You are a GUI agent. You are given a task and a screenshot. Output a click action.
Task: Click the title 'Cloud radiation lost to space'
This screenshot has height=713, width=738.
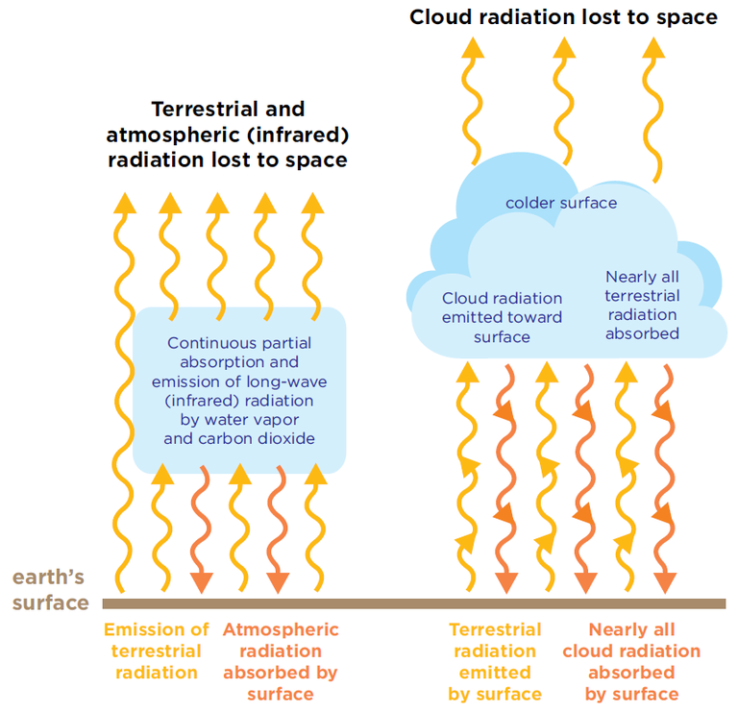(x=563, y=17)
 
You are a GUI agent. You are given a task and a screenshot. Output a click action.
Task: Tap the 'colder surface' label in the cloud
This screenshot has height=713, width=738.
(x=561, y=203)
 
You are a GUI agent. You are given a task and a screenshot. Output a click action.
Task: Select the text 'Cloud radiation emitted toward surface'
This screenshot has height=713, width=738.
(x=502, y=317)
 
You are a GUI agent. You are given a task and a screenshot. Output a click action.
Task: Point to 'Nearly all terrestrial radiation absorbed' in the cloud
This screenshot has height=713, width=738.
(x=642, y=305)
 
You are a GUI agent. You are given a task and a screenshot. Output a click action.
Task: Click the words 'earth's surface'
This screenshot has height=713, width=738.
(x=49, y=590)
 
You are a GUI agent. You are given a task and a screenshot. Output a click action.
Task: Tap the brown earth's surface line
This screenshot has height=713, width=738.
(x=413, y=603)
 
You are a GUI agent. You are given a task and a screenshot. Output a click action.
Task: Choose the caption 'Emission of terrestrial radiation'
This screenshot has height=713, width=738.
(x=156, y=651)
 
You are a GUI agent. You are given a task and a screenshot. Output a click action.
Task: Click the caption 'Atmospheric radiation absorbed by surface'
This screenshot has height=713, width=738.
(x=281, y=661)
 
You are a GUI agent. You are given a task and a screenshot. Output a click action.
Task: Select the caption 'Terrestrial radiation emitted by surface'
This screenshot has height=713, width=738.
(x=495, y=661)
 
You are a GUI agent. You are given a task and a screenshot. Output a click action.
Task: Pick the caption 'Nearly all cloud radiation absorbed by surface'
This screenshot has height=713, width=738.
(x=632, y=661)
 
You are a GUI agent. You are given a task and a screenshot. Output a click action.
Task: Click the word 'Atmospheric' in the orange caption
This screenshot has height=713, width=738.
(x=281, y=630)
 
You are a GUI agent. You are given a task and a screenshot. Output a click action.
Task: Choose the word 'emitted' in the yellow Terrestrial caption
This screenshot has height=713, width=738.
(x=495, y=673)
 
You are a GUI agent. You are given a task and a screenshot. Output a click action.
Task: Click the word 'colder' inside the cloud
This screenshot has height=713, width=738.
(x=530, y=203)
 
